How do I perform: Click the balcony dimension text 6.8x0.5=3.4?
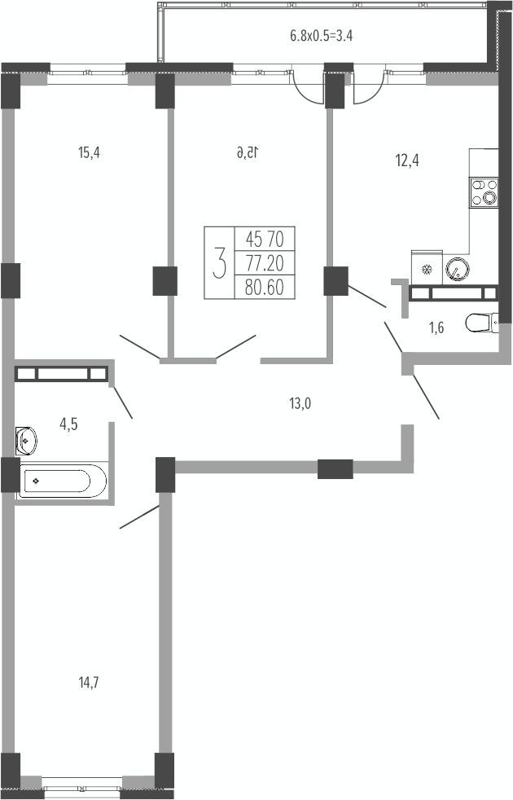click(322, 36)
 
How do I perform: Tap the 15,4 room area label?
click(89, 152)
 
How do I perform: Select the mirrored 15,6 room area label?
click(248, 152)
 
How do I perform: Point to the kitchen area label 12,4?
click(407, 160)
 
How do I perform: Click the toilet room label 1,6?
click(436, 327)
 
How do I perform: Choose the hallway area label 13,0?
click(300, 403)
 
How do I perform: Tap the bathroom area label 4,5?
click(69, 424)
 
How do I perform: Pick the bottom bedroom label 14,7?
click(89, 682)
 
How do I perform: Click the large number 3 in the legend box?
click(219, 262)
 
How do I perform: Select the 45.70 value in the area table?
click(264, 238)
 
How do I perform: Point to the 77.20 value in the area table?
click(264, 263)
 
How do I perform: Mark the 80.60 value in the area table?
click(264, 288)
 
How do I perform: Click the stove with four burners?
click(484, 192)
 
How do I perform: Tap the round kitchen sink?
click(458, 268)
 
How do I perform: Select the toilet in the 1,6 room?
click(481, 323)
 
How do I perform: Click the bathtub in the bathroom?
click(62, 481)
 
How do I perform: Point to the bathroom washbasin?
click(26, 440)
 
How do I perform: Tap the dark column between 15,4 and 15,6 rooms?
click(164, 281)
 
